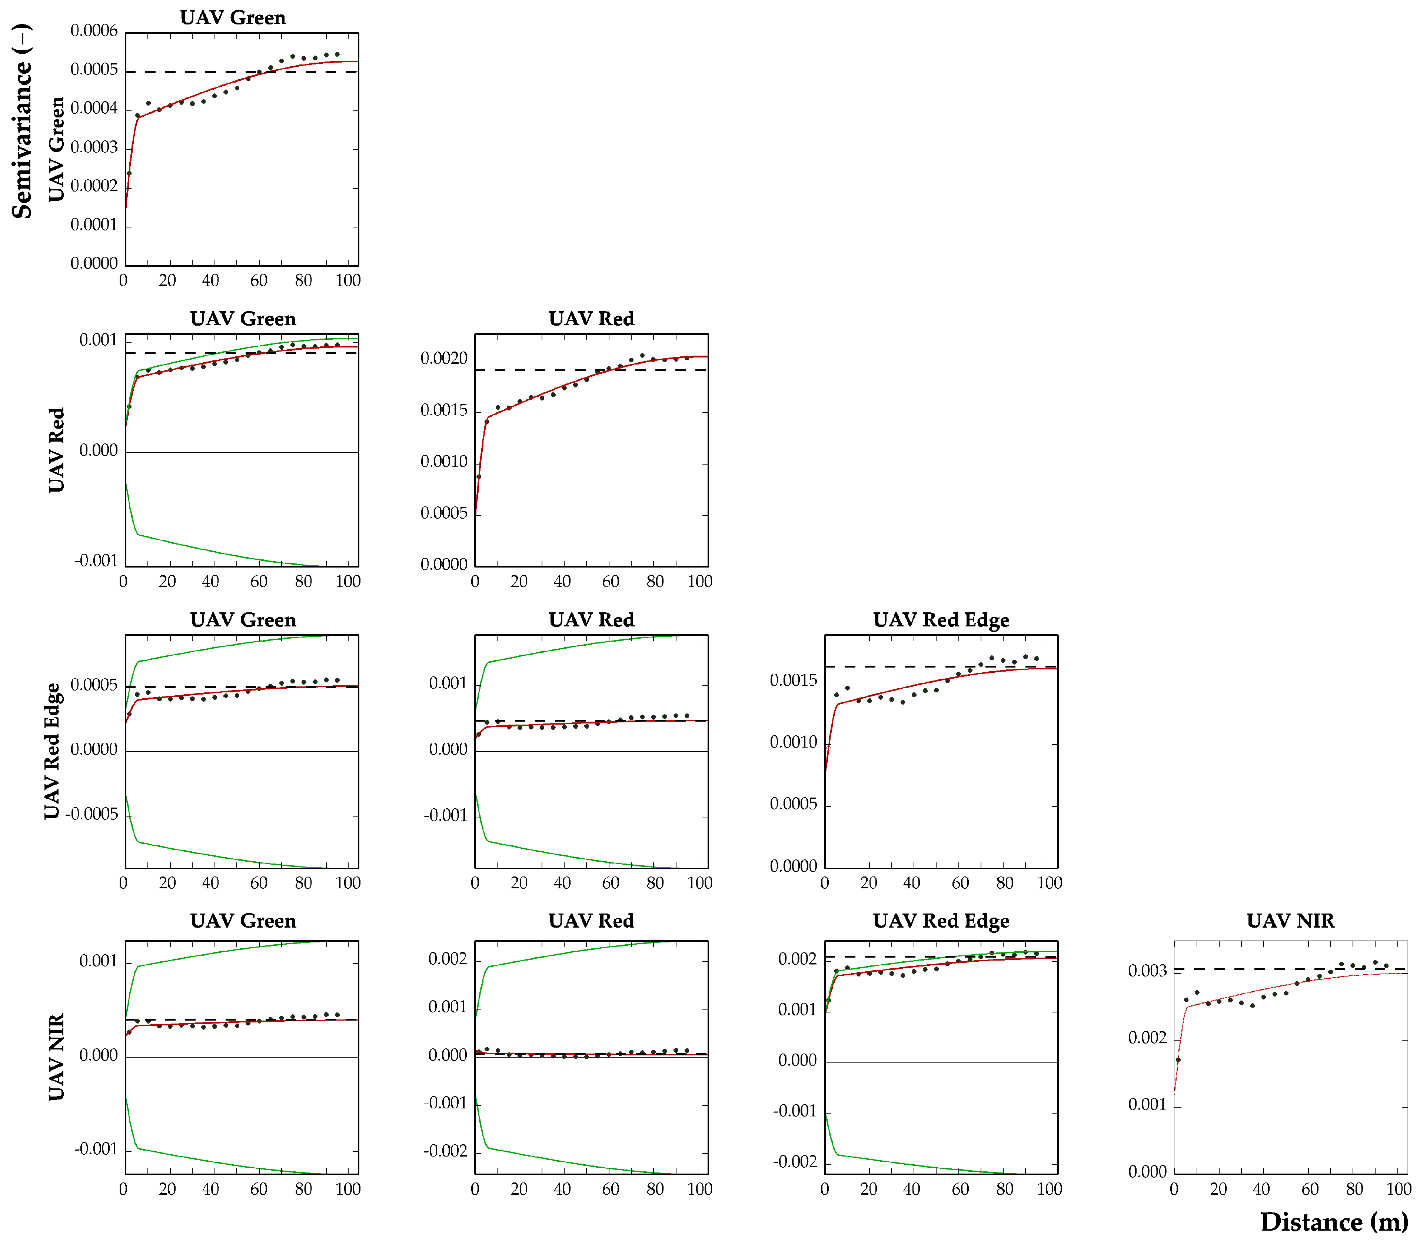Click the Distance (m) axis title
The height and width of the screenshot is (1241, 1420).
[x=1333, y=1222]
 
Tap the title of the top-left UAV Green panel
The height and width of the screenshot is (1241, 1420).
[x=233, y=17]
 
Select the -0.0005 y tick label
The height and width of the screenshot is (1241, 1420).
[x=92, y=814]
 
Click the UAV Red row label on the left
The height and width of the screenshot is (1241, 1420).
[x=56, y=450]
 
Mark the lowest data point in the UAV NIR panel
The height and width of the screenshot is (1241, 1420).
[x=1178, y=1059]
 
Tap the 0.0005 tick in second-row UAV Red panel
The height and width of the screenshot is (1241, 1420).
[x=444, y=513]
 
